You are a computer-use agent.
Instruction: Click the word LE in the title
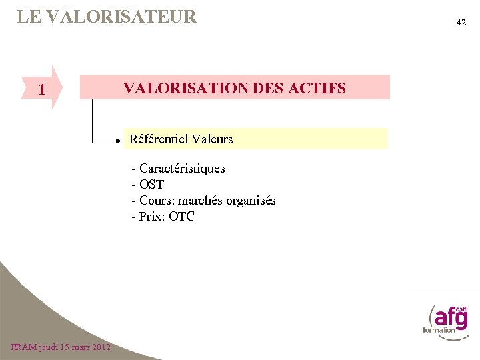coord(27,17)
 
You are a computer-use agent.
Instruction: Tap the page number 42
coord(461,23)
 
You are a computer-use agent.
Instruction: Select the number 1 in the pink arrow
coord(42,89)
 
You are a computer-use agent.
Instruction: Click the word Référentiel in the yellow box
coord(159,139)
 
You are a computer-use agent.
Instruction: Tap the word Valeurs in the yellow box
coord(212,139)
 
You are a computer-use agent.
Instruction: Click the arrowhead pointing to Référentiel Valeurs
coord(121,141)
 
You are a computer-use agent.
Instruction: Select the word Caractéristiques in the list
coord(182,169)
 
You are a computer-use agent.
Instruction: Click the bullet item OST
coord(151,185)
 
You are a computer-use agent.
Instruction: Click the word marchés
coord(203,201)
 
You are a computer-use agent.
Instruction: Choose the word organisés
coord(253,201)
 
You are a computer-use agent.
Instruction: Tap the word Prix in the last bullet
coord(152,217)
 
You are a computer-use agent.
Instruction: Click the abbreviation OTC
coord(181,217)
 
